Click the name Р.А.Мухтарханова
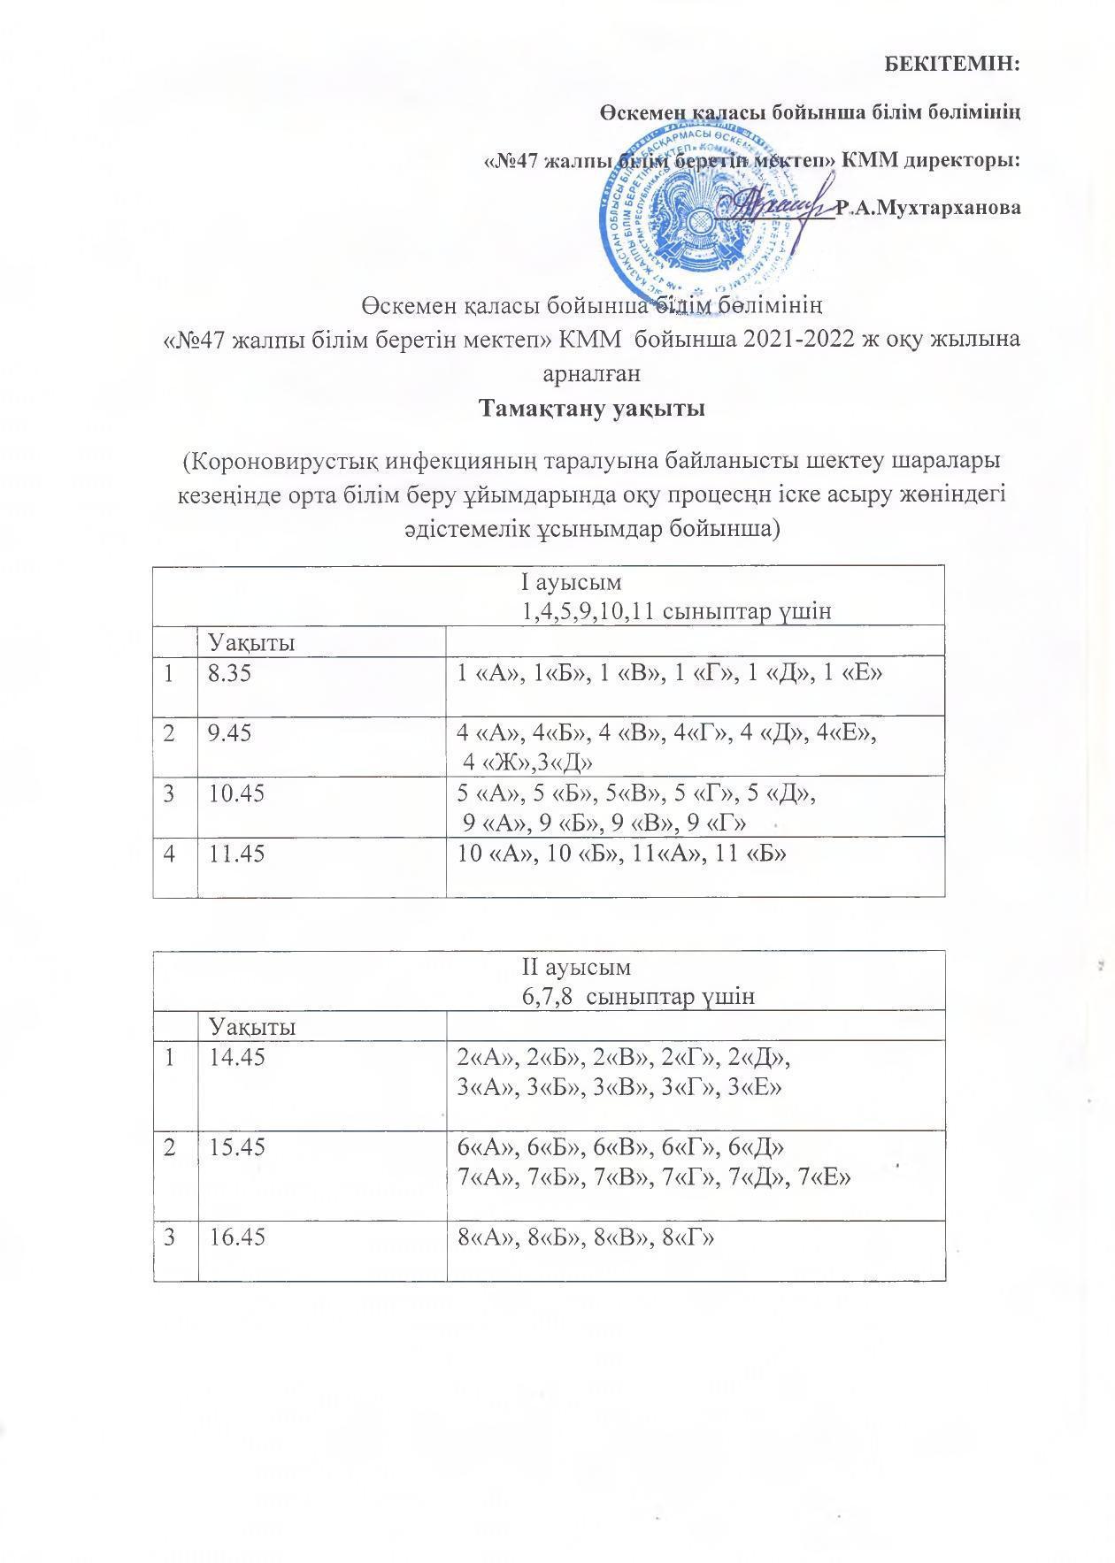928,209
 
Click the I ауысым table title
571,583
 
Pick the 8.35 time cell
229,674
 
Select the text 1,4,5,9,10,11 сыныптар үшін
677,611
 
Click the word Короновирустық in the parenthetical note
283,463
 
